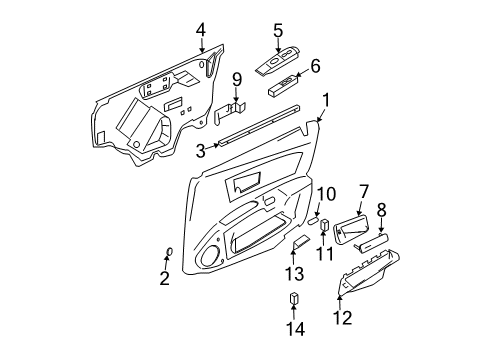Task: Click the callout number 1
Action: pos(326,99)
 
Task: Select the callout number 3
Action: pos(200,151)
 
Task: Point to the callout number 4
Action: pos(201,28)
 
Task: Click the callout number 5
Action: pos(278,30)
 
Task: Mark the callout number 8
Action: pos(381,211)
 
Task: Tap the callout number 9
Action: pos(237,78)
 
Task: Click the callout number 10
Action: pos(327,193)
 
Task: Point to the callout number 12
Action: pos(342,318)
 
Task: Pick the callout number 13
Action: pos(293,274)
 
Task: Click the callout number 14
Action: pos(293,329)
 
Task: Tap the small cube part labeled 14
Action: pos(293,300)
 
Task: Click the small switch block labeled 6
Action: pos(284,87)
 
